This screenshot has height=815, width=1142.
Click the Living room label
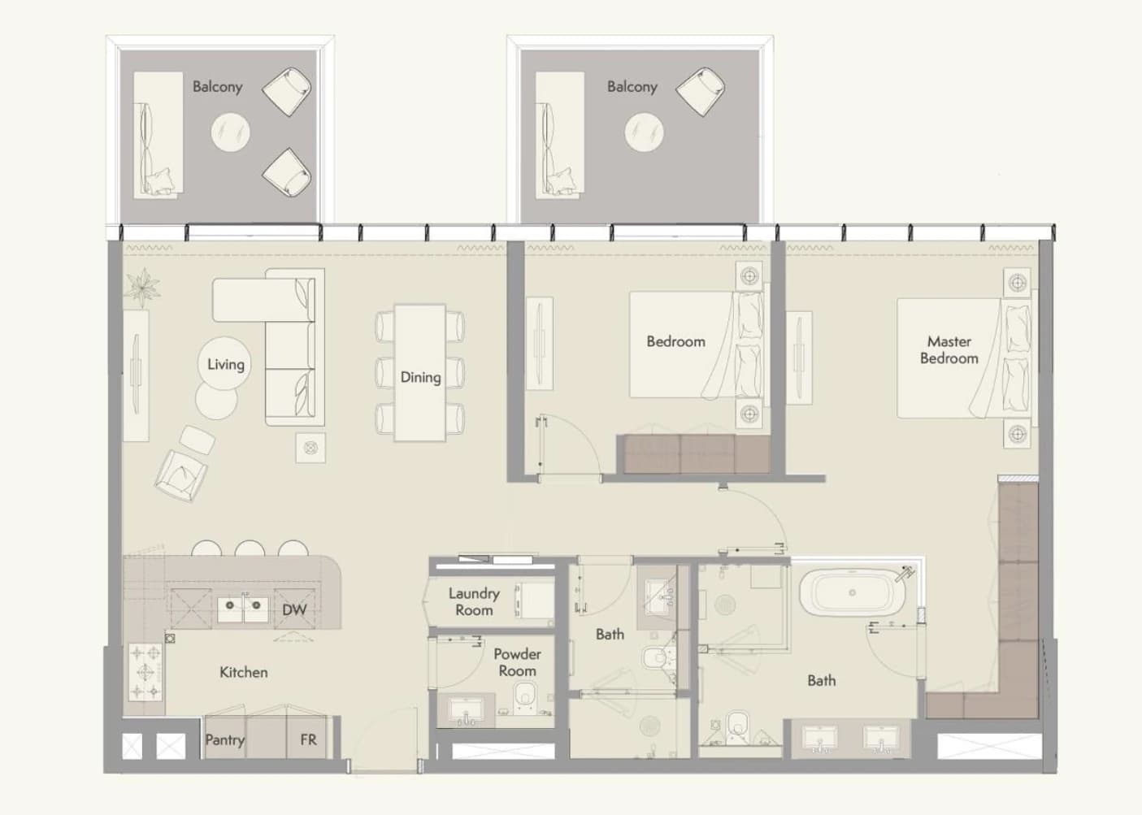pos(226,365)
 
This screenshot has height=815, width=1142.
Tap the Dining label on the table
pos(420,378)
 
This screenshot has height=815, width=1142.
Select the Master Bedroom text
pos(949,349)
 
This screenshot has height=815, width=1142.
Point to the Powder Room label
pos(518,662)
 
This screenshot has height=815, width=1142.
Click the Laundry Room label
pos(474,601)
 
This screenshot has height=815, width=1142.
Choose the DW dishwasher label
pos(294,609)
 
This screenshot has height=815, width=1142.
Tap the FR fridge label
pos(308,739)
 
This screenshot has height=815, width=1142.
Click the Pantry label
pos(225,740)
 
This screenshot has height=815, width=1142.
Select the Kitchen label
pos(244,672)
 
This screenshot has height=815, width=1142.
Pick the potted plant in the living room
pos(143,287)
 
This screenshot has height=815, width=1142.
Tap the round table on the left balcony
pos(231,132)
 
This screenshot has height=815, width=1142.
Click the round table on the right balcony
pos(645,132)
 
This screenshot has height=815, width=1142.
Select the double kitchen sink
pos(243,609)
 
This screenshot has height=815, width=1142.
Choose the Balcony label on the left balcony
pos(217,87)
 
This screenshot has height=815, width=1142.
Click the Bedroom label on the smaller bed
pos(676,341)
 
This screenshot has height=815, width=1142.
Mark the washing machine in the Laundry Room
pos(534,601)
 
